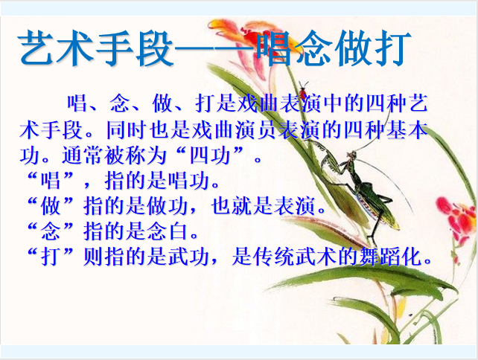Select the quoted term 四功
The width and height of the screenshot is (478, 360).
(x=210, y=155)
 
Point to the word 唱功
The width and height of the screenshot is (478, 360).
(x=189, y=181)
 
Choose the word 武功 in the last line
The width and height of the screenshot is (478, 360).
(x=188, y=257)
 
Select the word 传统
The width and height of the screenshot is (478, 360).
(x=273, y=257)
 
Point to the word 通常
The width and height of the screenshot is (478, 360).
(x=83, y=155)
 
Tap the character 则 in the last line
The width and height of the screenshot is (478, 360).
(x=93, y=257)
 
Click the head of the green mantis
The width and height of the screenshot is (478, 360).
(x=351, y=156)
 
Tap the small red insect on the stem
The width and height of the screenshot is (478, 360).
(x=302, y=91)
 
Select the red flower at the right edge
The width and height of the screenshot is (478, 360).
(x=457, y=217)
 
